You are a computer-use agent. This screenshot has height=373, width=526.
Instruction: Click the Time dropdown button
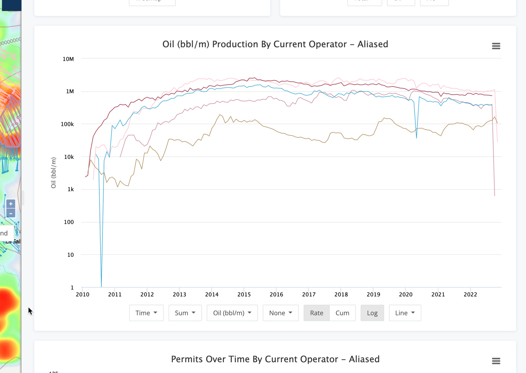click(146, 313)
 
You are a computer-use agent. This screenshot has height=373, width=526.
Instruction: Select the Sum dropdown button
click(185, 313)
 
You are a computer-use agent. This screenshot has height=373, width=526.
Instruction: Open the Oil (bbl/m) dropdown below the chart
click(232, 313)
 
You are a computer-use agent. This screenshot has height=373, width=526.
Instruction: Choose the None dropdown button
click(281, 313)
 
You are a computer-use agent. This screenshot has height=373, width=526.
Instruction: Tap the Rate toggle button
click(317, 313)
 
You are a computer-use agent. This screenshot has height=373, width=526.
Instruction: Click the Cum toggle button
click(343, 313)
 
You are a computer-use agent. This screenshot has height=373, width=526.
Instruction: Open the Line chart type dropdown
click(405, 313)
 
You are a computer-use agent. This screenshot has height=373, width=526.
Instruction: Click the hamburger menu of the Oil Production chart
click(496, 46)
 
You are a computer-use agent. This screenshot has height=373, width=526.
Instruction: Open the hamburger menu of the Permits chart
click(496, 361)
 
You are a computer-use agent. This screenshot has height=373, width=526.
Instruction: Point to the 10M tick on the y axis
click(68, 59)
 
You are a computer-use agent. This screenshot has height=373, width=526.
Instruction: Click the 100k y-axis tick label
click(67, 124)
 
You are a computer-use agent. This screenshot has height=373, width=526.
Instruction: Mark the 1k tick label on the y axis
click(71, 189)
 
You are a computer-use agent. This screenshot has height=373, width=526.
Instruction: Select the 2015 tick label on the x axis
click(244, 295)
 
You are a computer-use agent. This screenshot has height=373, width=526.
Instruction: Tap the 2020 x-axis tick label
click(406, 295)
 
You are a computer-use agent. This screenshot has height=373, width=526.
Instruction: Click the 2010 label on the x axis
click(83, 295)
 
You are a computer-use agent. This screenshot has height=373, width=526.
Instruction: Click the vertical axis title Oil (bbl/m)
click(54, 173)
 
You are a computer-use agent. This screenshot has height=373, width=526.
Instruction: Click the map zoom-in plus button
click(11, 204)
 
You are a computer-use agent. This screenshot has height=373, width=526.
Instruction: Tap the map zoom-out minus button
click(11, 213)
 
